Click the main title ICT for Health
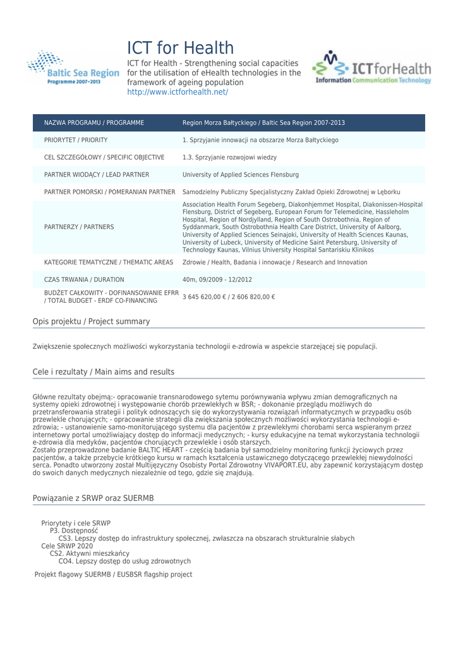tap(180, 47)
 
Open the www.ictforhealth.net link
tap(178, 92)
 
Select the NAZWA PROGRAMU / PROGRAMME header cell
tap(94, 122)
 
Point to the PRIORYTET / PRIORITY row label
tap(76, 140)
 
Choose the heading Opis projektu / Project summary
tap(91, 322)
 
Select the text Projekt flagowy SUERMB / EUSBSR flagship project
tap(113, 574)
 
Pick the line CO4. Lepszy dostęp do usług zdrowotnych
tap(124, 561)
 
